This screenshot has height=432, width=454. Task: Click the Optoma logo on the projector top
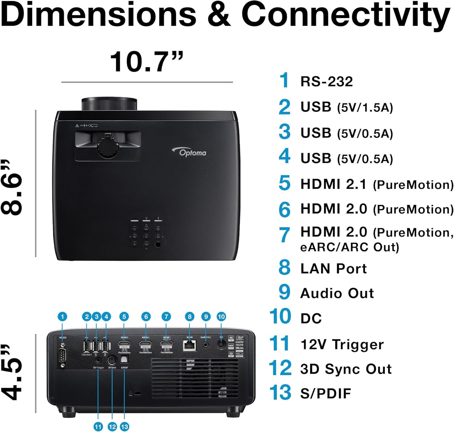190,152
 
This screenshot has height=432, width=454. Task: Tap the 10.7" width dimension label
147,62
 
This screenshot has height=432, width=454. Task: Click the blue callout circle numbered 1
62,317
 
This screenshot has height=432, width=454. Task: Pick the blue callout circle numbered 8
189,317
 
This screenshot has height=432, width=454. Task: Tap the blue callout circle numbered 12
112,427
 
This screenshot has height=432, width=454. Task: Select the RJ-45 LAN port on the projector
189,345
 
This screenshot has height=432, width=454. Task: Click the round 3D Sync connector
112,360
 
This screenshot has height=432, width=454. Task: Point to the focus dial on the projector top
108,147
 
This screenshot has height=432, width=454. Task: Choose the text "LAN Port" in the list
334,269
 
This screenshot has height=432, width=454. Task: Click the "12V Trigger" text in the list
342,345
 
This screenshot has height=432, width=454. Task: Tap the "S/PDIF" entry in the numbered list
326,393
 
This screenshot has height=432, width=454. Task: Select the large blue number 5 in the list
285,183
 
